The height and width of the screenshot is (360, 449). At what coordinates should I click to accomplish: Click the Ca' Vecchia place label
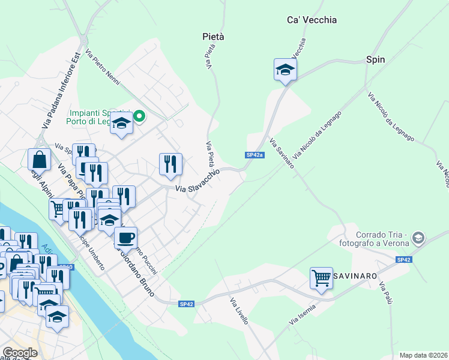[312, 20]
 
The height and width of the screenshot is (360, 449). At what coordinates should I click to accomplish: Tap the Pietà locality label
[213, 37]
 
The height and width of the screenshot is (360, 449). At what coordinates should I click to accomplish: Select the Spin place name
[375, 59]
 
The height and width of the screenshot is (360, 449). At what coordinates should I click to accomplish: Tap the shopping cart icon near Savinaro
[322, 278]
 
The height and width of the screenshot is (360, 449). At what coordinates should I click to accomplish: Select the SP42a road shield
[255, 155]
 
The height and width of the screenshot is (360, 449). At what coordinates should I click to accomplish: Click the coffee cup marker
[125, 238]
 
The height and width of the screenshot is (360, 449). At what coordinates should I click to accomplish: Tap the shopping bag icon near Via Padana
[39, 160]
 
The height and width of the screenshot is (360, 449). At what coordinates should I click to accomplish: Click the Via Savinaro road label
[282, 154]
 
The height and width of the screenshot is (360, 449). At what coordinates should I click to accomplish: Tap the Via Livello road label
[239, 311]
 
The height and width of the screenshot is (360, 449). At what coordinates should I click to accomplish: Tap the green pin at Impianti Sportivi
[139, 116]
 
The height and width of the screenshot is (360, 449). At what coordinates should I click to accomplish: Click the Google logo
[20, 353]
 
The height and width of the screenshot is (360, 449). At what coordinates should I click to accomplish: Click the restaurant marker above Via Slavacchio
[170, 163]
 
